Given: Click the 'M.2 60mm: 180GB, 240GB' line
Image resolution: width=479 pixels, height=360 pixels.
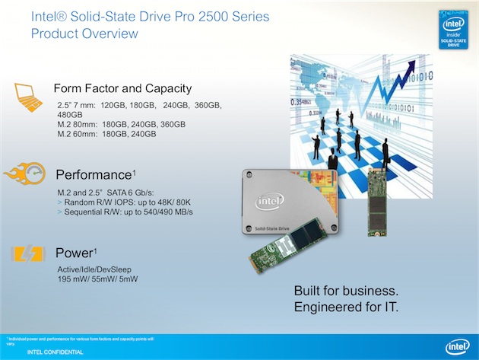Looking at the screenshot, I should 106,133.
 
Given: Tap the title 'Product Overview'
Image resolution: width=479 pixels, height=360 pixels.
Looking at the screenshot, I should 84,33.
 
